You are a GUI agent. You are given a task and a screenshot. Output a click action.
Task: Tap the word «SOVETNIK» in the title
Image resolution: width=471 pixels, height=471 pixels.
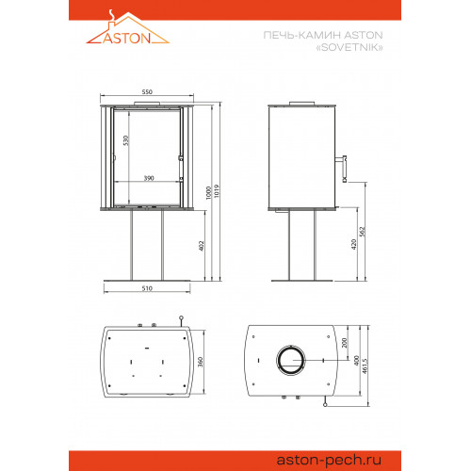tap(349, 47)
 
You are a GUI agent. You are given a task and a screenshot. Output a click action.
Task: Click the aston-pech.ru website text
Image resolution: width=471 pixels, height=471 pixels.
tap(329, 461)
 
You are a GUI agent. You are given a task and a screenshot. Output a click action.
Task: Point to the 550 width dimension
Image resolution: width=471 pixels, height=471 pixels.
tap(147, 91)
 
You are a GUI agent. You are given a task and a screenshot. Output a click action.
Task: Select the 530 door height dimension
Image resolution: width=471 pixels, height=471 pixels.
tap(126, 140)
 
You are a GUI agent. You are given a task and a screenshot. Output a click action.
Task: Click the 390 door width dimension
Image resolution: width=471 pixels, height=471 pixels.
tap(149, 178)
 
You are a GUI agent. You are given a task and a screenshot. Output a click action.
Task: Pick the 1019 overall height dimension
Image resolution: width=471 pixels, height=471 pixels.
tap(217, 191)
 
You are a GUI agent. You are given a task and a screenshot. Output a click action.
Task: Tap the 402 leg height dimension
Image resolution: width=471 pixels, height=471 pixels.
tap(202, 246)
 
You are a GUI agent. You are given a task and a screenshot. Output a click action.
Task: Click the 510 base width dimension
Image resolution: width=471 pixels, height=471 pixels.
tap(147, 288)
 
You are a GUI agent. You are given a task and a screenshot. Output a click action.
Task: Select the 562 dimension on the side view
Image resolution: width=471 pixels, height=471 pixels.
tap(363, 232)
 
